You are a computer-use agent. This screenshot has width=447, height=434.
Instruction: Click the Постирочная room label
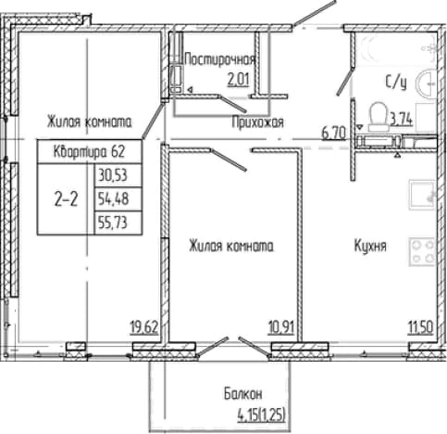[219, 59]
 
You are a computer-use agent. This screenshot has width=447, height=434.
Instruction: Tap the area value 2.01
[238, 80]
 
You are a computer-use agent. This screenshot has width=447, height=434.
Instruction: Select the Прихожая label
[257, 122]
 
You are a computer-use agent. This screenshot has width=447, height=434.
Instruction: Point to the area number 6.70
[333, 134]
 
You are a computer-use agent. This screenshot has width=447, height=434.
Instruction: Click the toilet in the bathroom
[378, 117]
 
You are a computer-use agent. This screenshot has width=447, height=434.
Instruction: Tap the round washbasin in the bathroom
[426, 83]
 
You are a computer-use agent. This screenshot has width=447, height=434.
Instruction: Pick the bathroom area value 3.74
[402, 120]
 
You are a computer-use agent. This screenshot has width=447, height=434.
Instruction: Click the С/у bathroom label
[396, 83]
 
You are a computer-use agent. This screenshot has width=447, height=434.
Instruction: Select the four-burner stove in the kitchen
[422, 251]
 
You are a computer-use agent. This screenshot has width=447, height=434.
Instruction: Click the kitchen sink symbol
[422, 196]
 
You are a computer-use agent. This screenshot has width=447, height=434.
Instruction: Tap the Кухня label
[370, 246]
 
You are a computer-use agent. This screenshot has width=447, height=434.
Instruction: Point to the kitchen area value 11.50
[421, 327]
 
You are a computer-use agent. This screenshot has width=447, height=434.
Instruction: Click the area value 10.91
[281, 327]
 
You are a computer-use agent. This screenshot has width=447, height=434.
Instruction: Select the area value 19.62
[144, 327]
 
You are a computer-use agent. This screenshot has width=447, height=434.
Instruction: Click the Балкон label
[243, 394]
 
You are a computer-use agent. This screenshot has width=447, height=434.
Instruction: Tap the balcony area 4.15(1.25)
[261, 415]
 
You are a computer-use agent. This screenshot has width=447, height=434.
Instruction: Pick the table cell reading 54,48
[118, 198]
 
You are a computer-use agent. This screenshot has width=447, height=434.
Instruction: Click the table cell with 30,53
[118, 175]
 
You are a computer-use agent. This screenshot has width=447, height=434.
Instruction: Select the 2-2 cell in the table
[66, 199]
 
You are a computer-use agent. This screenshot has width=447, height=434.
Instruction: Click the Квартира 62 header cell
[90, 151]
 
